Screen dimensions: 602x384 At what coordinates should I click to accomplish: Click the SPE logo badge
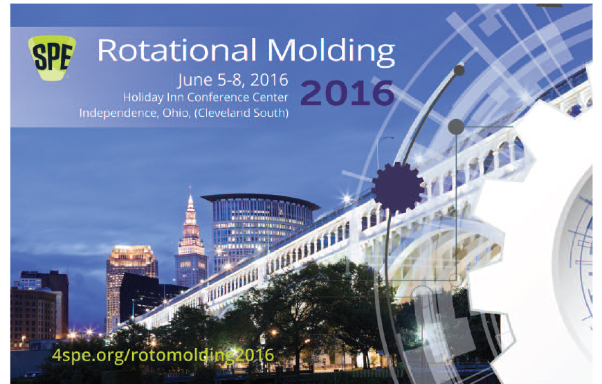(52, 57)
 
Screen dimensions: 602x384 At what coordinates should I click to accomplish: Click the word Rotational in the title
(177, 51)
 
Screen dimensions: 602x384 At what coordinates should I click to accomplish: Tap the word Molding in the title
(331, 52)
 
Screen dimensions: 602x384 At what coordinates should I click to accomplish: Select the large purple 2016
(347, 93)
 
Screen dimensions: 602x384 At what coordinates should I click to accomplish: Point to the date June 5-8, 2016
(233, 81)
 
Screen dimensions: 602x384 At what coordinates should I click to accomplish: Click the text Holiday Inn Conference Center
(206, 98)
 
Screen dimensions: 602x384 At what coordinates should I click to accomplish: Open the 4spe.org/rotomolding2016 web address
(163, 355)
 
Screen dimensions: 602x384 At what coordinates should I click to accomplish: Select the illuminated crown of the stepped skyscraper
(131, 253)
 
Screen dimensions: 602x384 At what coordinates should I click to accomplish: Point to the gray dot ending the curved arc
(459, 71)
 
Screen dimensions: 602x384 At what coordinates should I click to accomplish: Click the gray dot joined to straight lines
(456, 127)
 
